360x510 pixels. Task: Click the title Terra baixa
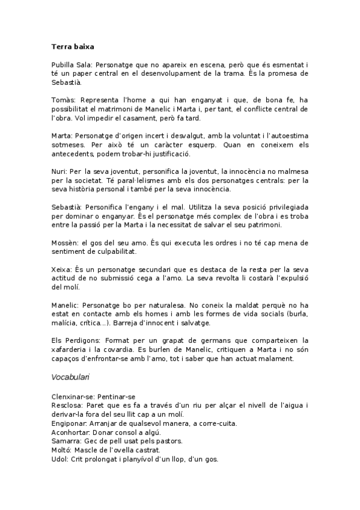[x=72, y=46]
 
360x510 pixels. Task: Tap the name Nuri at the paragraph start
[x=59, y=171]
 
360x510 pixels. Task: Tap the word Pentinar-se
[x=118, y=396]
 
